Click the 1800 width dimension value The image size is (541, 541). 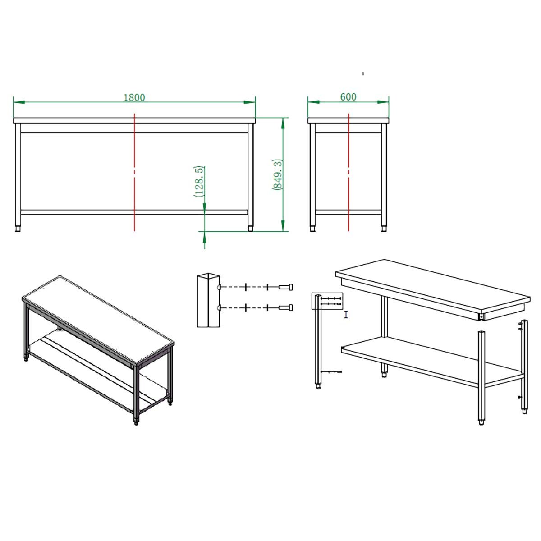click(x=134, y=97)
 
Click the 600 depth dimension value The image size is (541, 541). click(x=348, y=97)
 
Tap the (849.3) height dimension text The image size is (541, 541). click(x=277, y=174)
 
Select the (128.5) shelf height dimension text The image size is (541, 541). click(x=199, y=181)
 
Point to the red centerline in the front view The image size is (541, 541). click(x=134, y=172)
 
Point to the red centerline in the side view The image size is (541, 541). click(x=348, y=172)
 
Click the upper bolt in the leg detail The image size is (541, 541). click(x=286, y=287)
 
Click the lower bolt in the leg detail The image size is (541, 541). click(x=286, y=308)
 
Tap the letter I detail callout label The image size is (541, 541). click(x=346, y=315)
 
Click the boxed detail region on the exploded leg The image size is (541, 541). click(x=327, y=301)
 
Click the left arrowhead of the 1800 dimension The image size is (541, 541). click(x=19, y=102)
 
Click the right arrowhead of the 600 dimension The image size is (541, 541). click(x=383, y=102)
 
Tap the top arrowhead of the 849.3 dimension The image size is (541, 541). click(x=283, y=123)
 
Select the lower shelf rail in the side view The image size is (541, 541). click(x=348, y=212)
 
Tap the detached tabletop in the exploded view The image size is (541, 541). click(x=433, y=289)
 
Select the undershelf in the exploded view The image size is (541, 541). click(x=432, y=360)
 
